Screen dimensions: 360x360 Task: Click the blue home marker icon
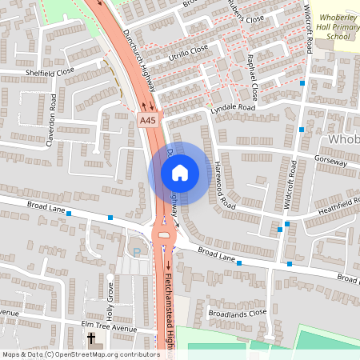tap(180, 172)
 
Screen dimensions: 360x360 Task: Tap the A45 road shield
tap(147, 121)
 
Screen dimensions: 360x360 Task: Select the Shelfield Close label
tap(50, 70)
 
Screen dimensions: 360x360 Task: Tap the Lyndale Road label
tap(232, 107)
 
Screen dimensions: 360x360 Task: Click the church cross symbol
tap(90, 339)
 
